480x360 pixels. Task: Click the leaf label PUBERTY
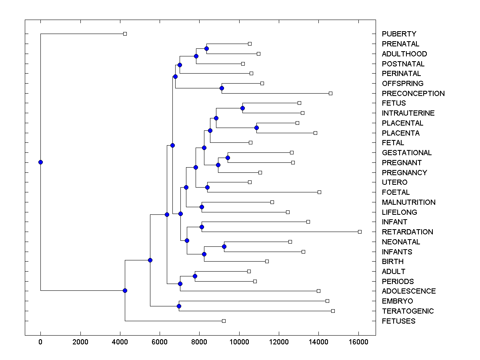[399, 34]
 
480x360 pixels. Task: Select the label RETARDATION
[407, 232]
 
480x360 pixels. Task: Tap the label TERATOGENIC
[408, 311]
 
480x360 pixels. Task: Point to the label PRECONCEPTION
[413, 94]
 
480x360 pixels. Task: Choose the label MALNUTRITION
[408, 202]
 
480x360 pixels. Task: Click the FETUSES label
[398, 321]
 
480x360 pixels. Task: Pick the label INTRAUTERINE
[408, 113]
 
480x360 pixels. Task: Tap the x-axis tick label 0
[40, 342]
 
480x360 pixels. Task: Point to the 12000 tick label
[279, 342]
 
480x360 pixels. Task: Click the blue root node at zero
[40, 162]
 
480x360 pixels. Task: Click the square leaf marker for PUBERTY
[125, 34]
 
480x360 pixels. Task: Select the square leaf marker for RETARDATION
[360, 232]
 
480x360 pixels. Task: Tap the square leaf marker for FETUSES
[224, 321]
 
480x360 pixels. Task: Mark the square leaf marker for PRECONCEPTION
[330, 93]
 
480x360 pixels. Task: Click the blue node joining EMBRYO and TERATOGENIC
[179, 306]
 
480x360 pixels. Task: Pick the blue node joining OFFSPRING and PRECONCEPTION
[222, 88]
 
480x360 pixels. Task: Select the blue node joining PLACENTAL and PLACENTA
[256, 128]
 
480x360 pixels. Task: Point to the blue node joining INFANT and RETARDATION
[202, 227]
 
